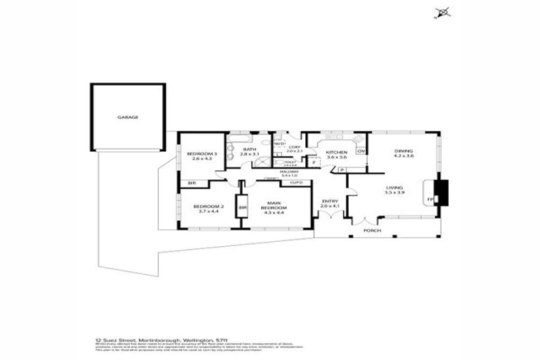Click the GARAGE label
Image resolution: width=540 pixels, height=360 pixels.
pyautogui.click(x=127, y=117)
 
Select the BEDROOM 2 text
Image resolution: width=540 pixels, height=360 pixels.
pyautogui.click(x=208, y=207)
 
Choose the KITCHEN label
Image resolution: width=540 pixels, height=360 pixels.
pyautogui.click(x=336, y=153)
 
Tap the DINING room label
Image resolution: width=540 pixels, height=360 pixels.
pyautogui.click(x=404, y=151)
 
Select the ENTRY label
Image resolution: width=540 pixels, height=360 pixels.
pyautogui.click(x=330, y=202)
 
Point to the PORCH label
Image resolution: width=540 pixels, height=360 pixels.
pyautogui.click(x=372, y=230)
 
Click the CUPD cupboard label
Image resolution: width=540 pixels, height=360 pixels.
pyautogui.click(x=296, y=183)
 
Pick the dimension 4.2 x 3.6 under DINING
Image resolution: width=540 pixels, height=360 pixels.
pyautogui.click(x=404, y=156)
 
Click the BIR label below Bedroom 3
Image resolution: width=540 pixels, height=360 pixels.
pyautogui.click(x=191, y=184)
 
